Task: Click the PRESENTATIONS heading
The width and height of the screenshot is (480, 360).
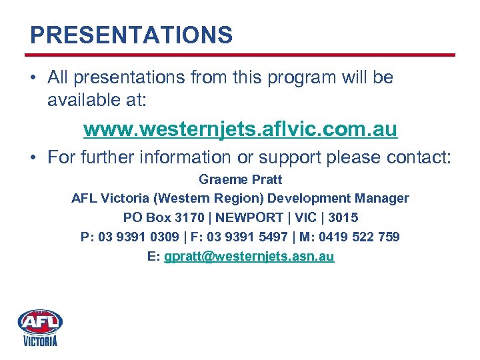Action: point(131,35)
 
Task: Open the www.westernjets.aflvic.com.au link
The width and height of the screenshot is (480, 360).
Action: point(240,129)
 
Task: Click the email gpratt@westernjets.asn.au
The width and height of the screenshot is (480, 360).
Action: point(249,256)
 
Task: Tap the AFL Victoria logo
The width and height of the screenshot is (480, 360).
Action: point(40,327)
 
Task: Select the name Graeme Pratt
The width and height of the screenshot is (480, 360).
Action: point(240,179)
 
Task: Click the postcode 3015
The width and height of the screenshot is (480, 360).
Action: point(343,217)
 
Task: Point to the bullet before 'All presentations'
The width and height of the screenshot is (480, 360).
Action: point(33,78)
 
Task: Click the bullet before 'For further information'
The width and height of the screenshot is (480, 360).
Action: point(33,158)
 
